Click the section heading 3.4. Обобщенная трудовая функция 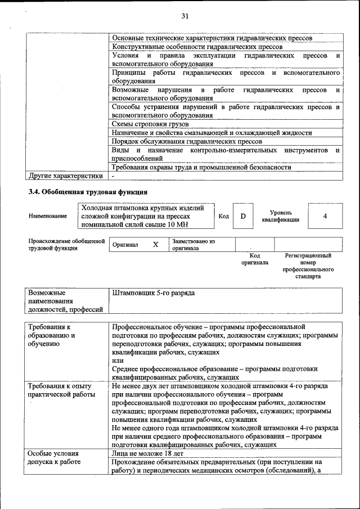click(88, 192)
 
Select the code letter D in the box click(243, 217)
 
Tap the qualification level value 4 click(325, 217)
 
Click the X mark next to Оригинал click(156, 245)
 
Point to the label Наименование click(47, 217)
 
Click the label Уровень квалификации click(281, 217)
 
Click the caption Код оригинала click(255, 259)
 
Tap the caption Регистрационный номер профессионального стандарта click(308, 266)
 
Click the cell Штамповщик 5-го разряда click(154, 293)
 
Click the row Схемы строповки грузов click(150, 124)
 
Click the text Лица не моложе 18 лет click(147, 453)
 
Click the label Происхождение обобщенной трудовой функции click(66, 245)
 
